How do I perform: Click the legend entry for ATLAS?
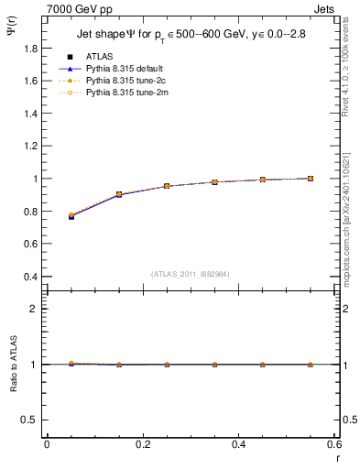pos(99,56)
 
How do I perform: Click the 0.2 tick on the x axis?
pos(143,445)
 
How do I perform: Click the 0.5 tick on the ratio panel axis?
pos(31,420)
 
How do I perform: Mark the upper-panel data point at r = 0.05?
pos(71,216)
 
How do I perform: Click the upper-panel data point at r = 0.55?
pos(311,179)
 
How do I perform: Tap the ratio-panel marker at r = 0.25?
pos(167,365)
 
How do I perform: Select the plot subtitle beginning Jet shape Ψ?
pos(191,36)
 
